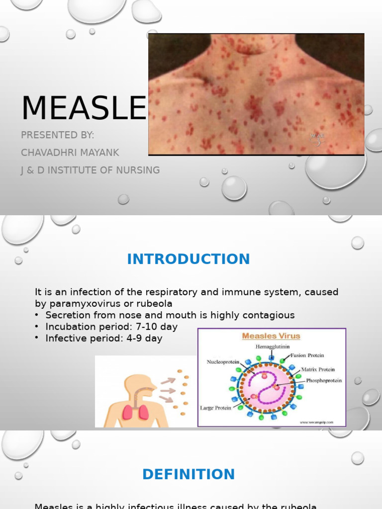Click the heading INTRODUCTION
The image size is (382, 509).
click(189, 259)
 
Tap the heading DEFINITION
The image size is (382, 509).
click(189, 474)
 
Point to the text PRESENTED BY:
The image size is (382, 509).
click(57, 135)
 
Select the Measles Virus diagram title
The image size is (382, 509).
click(271, 336)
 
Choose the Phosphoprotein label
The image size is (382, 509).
click(324, 380)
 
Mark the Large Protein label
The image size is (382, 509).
click(216, 408)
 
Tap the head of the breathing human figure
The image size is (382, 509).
click(137, 386)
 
